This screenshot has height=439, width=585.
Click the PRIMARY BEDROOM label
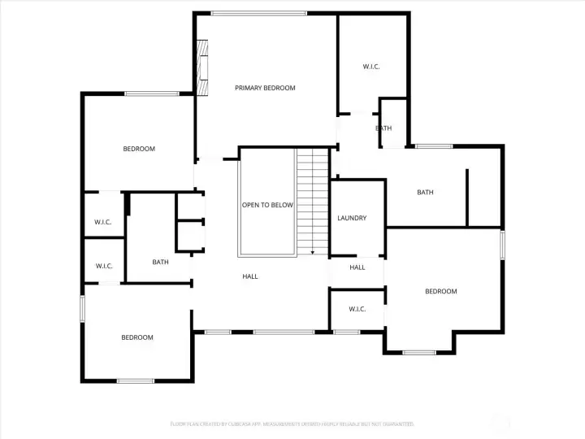pyautogui.click(x=265, y=88)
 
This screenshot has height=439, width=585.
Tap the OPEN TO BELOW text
pyautogui.click(x=267, y=205)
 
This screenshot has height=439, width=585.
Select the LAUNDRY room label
pyautogui.click(x=352, y=218)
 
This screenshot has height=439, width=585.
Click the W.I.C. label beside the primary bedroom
pyautogui.click(x=371, y=67)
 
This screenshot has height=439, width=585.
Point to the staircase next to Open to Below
pyautogui.click(x=306, y=199)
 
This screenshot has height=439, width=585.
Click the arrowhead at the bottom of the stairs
pyautogui.click(x=313, y=252)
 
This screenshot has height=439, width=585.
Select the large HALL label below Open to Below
pyautogui.click(x=250, y=276)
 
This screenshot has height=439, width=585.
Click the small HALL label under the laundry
pyautogui.click(x=357, y=267)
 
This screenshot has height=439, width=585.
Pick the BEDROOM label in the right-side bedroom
pyautogui.click(x=441, y=291)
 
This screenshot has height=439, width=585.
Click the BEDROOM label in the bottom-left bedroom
pyautogui.click(x=137, y=337)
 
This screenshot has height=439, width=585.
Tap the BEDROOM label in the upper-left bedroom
pyautogui.click(x=139, y=149)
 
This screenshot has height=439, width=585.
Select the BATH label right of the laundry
pyautogui.click(x=425, y=193)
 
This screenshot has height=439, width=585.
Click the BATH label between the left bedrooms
pyautogui.click(x=160, y=262)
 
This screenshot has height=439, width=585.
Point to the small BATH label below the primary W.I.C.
pyautogui.click(x=383, y=128)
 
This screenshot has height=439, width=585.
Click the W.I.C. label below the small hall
pyautogui.click(x=357, y=309)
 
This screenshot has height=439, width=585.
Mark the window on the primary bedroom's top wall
pyautogui.click(x=258, y=13)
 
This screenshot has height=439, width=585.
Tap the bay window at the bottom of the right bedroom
pyautogui.click(x=419, y=352)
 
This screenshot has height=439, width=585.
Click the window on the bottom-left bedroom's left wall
pyautogui.click(x=82, y=308)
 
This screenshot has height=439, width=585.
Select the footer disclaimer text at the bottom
pyautogui.click(x=292, y=424)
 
